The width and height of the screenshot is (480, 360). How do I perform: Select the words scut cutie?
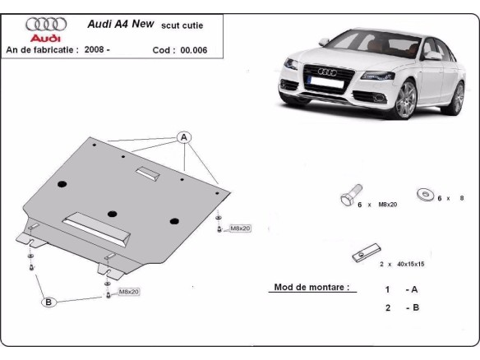coord(183,25)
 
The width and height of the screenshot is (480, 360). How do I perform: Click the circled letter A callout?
coord(183,136)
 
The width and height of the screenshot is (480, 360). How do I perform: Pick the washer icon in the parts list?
coord(425,194)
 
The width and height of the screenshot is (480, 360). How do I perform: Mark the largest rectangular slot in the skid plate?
coord(97,223)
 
